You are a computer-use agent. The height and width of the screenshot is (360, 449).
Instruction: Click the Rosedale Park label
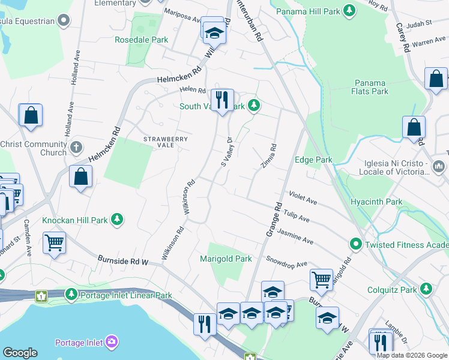click(142, 40)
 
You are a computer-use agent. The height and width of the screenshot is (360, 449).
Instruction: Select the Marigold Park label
click(226, 259)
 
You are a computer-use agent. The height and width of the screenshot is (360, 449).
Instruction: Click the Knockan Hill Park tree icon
click(119, 220)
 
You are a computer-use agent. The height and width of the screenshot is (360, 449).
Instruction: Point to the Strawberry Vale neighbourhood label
click(166, 142)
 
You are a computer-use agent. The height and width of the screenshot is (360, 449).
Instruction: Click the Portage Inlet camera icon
click(111, 343)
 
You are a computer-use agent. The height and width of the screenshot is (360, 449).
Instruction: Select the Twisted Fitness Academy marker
click(355, 244)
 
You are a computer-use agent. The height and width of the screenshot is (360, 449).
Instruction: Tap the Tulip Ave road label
click(296, 216)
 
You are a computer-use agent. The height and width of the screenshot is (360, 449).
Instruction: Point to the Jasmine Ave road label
click(297, 238)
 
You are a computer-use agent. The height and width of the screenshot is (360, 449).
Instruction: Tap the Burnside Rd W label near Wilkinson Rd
click(123, 261)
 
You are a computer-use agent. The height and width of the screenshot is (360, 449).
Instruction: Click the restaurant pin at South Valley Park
click(222, 99)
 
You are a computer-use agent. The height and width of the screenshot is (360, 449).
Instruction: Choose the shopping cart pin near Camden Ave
click(54, 242)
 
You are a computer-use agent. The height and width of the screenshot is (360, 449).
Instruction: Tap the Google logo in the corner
click(20, 353)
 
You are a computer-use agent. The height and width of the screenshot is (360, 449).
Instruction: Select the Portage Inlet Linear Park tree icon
click(71, 295)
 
